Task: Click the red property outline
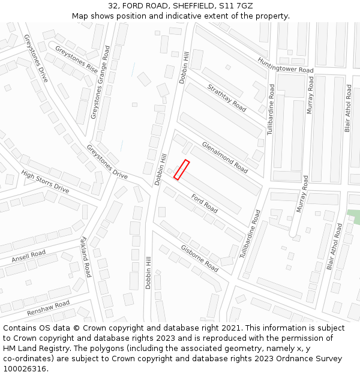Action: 181,170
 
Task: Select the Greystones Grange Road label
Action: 100,82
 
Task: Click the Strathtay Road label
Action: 227,97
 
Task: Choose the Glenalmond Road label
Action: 224,157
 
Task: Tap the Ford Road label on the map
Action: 204,203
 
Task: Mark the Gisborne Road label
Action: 199,258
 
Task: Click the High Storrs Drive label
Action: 45,182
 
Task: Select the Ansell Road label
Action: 28,257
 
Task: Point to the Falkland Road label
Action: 85,257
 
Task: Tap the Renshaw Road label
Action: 48,308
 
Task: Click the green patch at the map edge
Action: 355,217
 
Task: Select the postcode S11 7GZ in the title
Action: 235,5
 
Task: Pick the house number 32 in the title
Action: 113,5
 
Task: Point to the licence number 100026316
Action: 25,369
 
